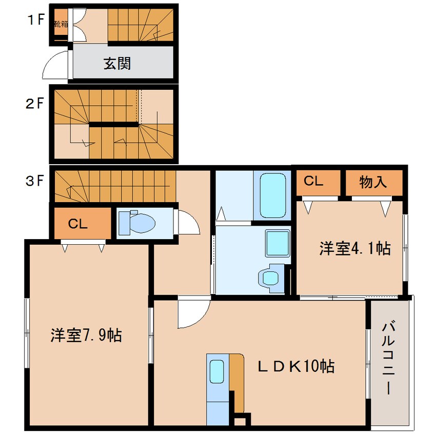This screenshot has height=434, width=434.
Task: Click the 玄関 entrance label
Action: [117, 64]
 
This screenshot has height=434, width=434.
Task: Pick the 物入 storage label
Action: [373, 182]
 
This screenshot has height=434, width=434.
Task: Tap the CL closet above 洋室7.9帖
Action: [79, 224]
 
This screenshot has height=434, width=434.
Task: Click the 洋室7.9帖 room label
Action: [86, 336]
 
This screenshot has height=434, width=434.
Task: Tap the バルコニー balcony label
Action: [388, 357]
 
